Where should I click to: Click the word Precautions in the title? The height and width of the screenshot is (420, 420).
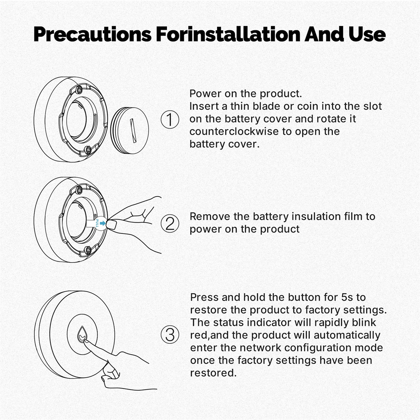(x=92, y=34)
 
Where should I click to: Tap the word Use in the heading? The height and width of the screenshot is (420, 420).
(x=367, y=34)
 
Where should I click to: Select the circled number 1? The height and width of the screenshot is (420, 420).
(x=170, y=119)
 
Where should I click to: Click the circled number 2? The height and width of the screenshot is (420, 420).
(x=170, y=224)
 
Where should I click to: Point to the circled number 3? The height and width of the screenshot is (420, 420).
(x=170, y=335)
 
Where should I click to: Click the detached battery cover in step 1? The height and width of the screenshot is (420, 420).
(x=130, y=131)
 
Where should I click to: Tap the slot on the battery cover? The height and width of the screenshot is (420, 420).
(x=133, y=131)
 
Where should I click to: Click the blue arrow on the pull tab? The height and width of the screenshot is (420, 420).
(x=103, y=223)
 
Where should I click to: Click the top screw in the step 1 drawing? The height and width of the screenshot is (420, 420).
(x=79, y=89)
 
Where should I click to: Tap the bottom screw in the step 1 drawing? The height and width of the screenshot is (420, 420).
(x=88, y=150)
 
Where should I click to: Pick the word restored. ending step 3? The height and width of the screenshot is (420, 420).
(x=213, y=373)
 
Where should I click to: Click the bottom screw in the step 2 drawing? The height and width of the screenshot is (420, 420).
(x=88, y=250)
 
